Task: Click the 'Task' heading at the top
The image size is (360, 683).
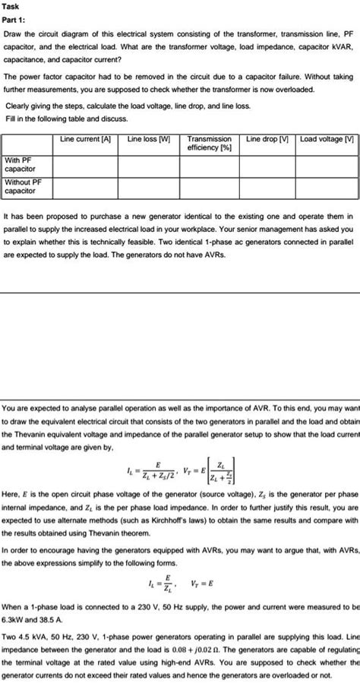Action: (x=13, y=5)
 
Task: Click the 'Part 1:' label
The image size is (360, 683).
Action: (x=17, y=20)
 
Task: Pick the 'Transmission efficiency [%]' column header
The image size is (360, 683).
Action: (x=210, y=144)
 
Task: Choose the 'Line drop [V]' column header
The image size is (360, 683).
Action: (x=267, y=139)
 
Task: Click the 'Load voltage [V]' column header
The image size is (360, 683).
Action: (x=327, y=139)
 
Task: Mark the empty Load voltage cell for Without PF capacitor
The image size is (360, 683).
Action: (x=327, y=187)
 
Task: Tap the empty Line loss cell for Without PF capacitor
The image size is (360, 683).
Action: (x=148, y=187)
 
